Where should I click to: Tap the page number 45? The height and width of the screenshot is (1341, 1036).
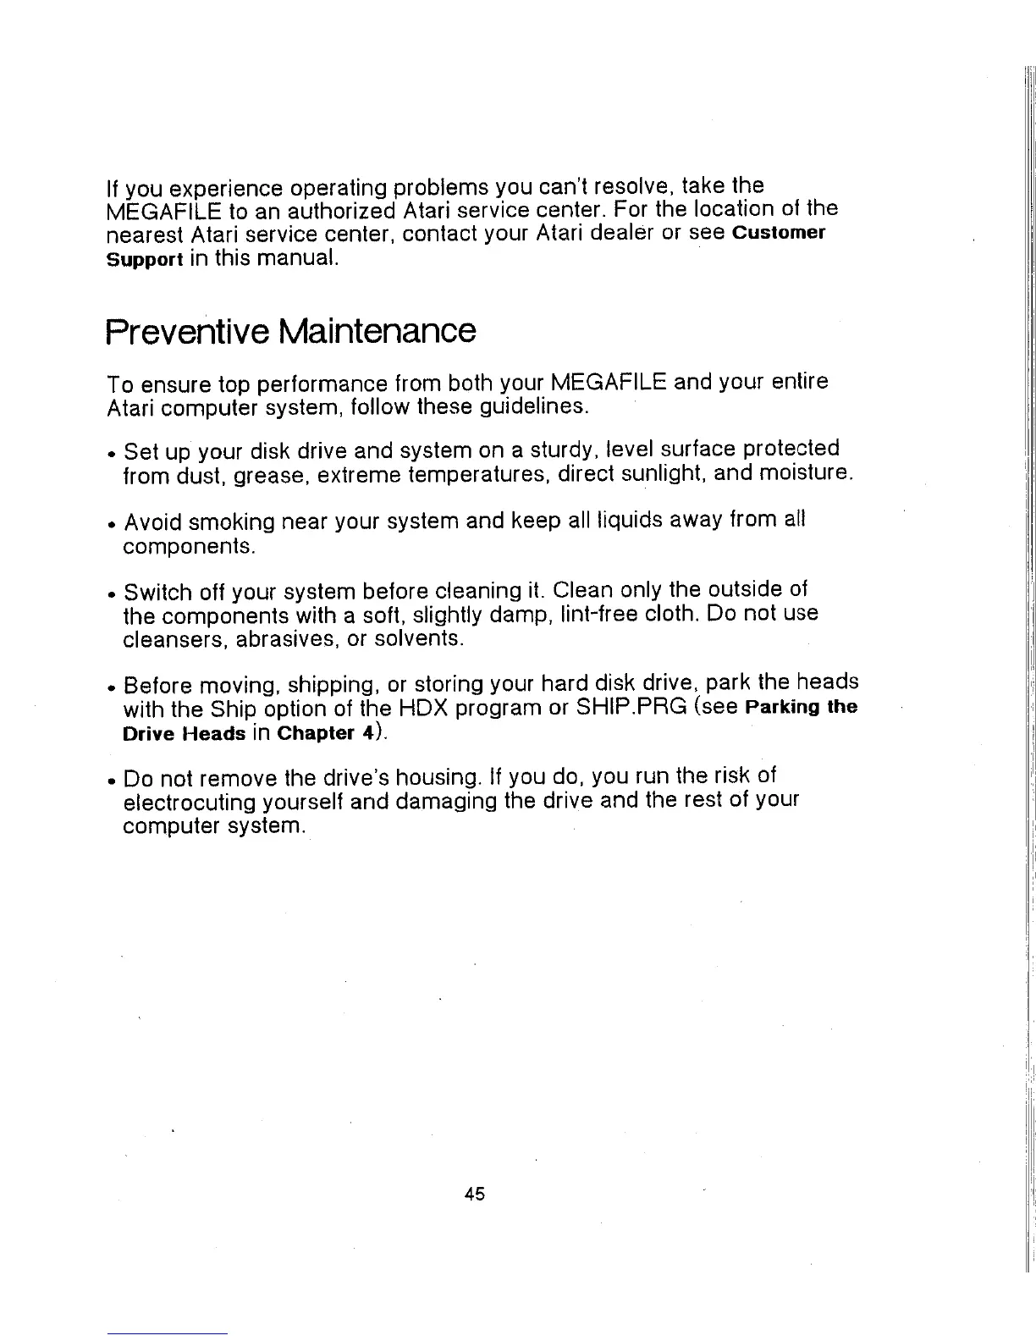(474, 1195)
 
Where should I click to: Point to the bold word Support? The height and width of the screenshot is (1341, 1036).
(145, 258)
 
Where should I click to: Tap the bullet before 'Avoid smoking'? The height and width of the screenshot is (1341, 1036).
(112, 521)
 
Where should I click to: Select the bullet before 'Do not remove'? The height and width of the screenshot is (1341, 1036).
(112, 778)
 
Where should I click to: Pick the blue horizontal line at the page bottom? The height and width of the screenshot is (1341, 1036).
(168, 1333)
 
